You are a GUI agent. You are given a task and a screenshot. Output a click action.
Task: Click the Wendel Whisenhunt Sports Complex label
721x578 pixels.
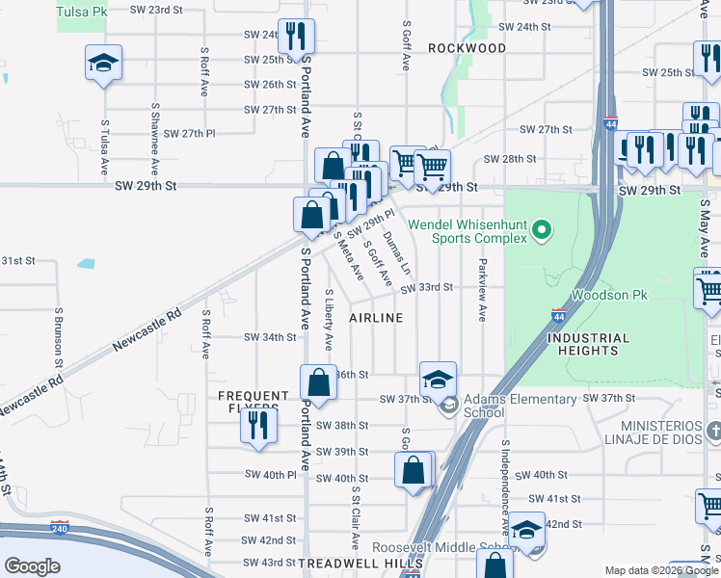(x=467, y=230)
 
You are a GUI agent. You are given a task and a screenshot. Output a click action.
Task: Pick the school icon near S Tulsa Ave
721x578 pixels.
(x=103, y=64)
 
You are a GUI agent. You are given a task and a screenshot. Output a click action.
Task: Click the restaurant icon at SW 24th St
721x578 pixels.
(x=296, y=38)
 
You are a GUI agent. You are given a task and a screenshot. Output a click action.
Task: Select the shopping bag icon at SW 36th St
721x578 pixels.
(x=319, y=382)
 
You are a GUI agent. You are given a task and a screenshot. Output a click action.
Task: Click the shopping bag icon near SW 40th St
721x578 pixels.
(x=414, y=471)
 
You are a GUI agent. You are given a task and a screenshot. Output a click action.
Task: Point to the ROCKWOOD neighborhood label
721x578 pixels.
(x=467, y=47)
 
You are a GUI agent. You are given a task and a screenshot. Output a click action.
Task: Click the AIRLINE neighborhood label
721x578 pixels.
(x=375, y=318)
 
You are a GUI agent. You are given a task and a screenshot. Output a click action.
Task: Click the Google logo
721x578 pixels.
(x=32, y=565)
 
